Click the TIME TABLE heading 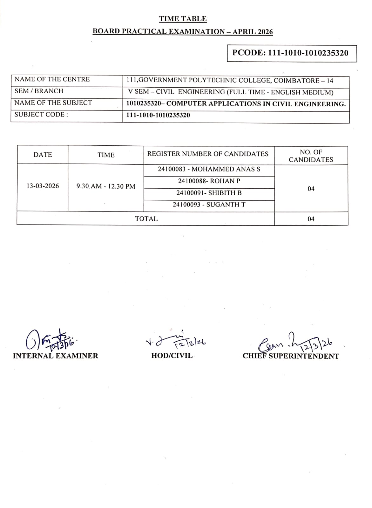[x=183, y=19]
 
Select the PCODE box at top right [x=292, y=53]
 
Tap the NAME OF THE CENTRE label [x=52, y=79]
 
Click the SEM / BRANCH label [x=39, y=91]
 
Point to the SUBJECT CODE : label [x=41, y=115]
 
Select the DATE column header [x=43, y=155]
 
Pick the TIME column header [x=106, y=155]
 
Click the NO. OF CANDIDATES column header [x=311, y=156]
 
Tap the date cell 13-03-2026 [x=43, y=186]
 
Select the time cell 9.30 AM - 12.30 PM [x=106, y=186]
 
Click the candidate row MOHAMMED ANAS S [x=209, y=169]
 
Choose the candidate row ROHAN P [x=209, y=181]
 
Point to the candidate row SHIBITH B [x=209, y=193]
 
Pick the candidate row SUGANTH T [x=209, y=205]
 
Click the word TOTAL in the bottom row [x=146, y=219]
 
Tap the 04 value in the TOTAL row [x=311, y=219]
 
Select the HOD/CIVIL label [x=172, y=356]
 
